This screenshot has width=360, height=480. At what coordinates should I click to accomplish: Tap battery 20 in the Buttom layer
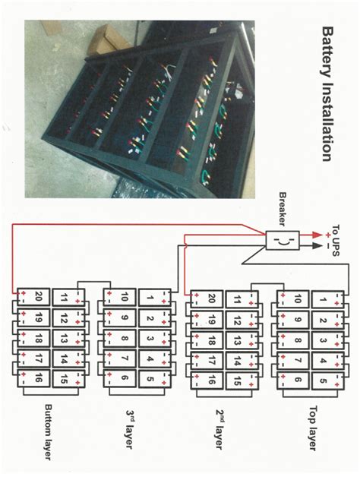click(x=42, y=296)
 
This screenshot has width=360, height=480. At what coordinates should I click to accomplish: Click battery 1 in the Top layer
click(x=322, y=299)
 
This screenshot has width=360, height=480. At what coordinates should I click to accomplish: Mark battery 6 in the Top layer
click(x=298, y=380)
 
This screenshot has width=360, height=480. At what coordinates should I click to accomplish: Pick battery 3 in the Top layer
click(x=322, y=339)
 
